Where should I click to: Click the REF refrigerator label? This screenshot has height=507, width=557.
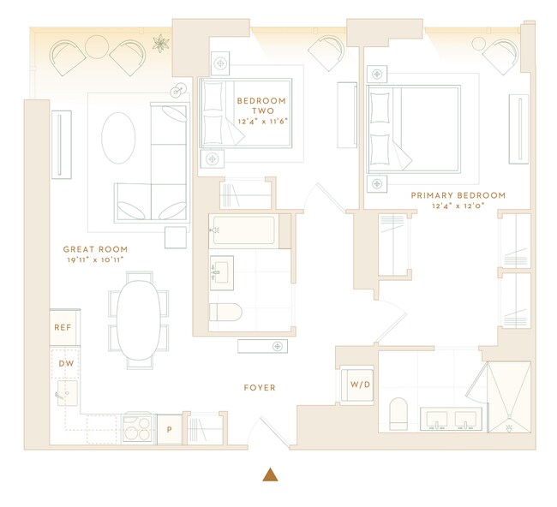(x=63, y=327)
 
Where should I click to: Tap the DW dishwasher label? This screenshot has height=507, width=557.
(x=65, y=363)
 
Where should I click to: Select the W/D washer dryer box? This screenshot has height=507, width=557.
(x=359, y=385)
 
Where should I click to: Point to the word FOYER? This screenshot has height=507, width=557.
(x=259, y=388)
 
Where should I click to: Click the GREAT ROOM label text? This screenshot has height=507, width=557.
(x=95, y=249)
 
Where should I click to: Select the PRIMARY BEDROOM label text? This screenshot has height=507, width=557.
(x=458, y=195)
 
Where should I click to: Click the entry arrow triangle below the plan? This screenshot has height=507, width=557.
(x=271, y=474)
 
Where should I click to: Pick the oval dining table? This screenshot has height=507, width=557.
(x=138, y=321)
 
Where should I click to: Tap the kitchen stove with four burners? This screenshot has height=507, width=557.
(x=137, y=426)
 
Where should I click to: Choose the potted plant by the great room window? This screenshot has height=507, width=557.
(x=160, y=42)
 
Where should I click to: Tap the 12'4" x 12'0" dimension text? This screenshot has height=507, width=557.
(x=458, y=206)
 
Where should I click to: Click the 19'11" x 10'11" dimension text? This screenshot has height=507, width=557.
(x=95, y=259)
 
